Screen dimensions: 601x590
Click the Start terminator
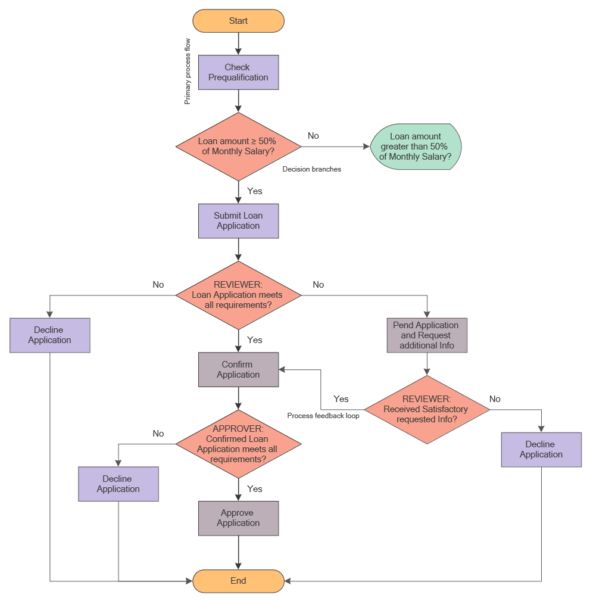tap(238, 21)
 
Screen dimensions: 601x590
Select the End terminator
tap(238, 581)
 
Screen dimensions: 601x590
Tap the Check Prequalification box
tap(238, 73)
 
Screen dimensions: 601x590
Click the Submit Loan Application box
tap(238, 221)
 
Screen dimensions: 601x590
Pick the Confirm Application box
tap(238, 370)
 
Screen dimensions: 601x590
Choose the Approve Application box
tap(238, 518)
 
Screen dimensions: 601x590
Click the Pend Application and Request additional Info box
tap(427, 335)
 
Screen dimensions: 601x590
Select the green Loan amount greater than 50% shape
tap(416, 147)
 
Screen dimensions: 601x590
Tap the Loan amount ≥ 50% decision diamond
tap(238, 147)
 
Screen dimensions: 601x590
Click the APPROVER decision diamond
tap(238, 444)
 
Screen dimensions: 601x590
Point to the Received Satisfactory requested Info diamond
tap(426, 409)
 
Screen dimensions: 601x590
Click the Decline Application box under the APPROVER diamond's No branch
tap(118, 484)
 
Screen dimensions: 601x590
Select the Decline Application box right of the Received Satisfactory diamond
tap(541, 450)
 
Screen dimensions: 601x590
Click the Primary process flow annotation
tap(188, 71)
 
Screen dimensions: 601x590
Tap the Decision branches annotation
tap(312, 169)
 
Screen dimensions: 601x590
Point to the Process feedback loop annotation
tap(323, 416)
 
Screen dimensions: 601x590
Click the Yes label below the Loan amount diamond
tap(255, 191)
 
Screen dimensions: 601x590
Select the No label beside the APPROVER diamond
tap(158, 434)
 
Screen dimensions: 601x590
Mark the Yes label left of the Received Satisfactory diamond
tap(341, 398)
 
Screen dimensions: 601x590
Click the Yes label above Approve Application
tap(255, 488)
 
